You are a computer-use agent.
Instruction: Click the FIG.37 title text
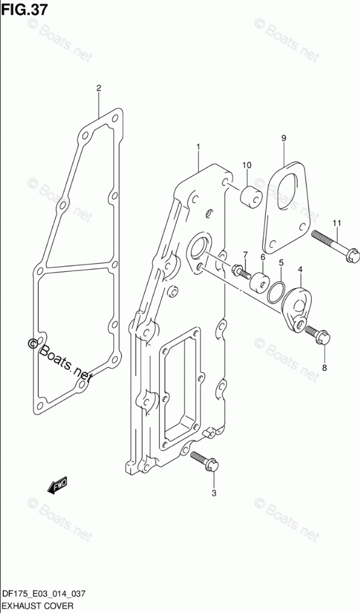tap(24, 9)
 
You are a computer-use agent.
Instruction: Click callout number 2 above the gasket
tap(99, 88)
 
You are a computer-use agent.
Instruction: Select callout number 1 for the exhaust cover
tap(198, 147)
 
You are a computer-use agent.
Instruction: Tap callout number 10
tap(247, 165)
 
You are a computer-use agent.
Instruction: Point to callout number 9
tap(284, 138)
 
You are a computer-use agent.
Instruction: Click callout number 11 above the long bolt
tap(337, 223)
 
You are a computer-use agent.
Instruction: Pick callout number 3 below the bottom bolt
tap(214, 493)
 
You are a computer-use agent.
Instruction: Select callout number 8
tap(325, 367)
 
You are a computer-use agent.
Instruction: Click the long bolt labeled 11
tap(335, 246)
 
